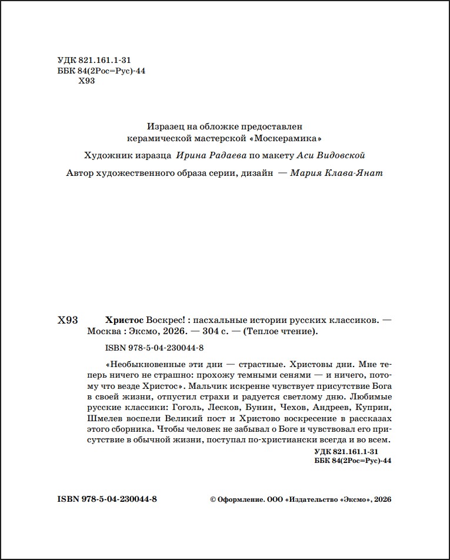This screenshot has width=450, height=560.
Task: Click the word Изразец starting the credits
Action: pyautogui.click(x=164, y=125)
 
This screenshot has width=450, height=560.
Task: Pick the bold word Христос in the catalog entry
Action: pyautogui.click(x=124, y=320)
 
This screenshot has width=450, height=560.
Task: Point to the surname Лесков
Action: pyautogui.click(x=222, y=408)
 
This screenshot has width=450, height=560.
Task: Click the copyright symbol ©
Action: pyautogui.click(x=213, y=499)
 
